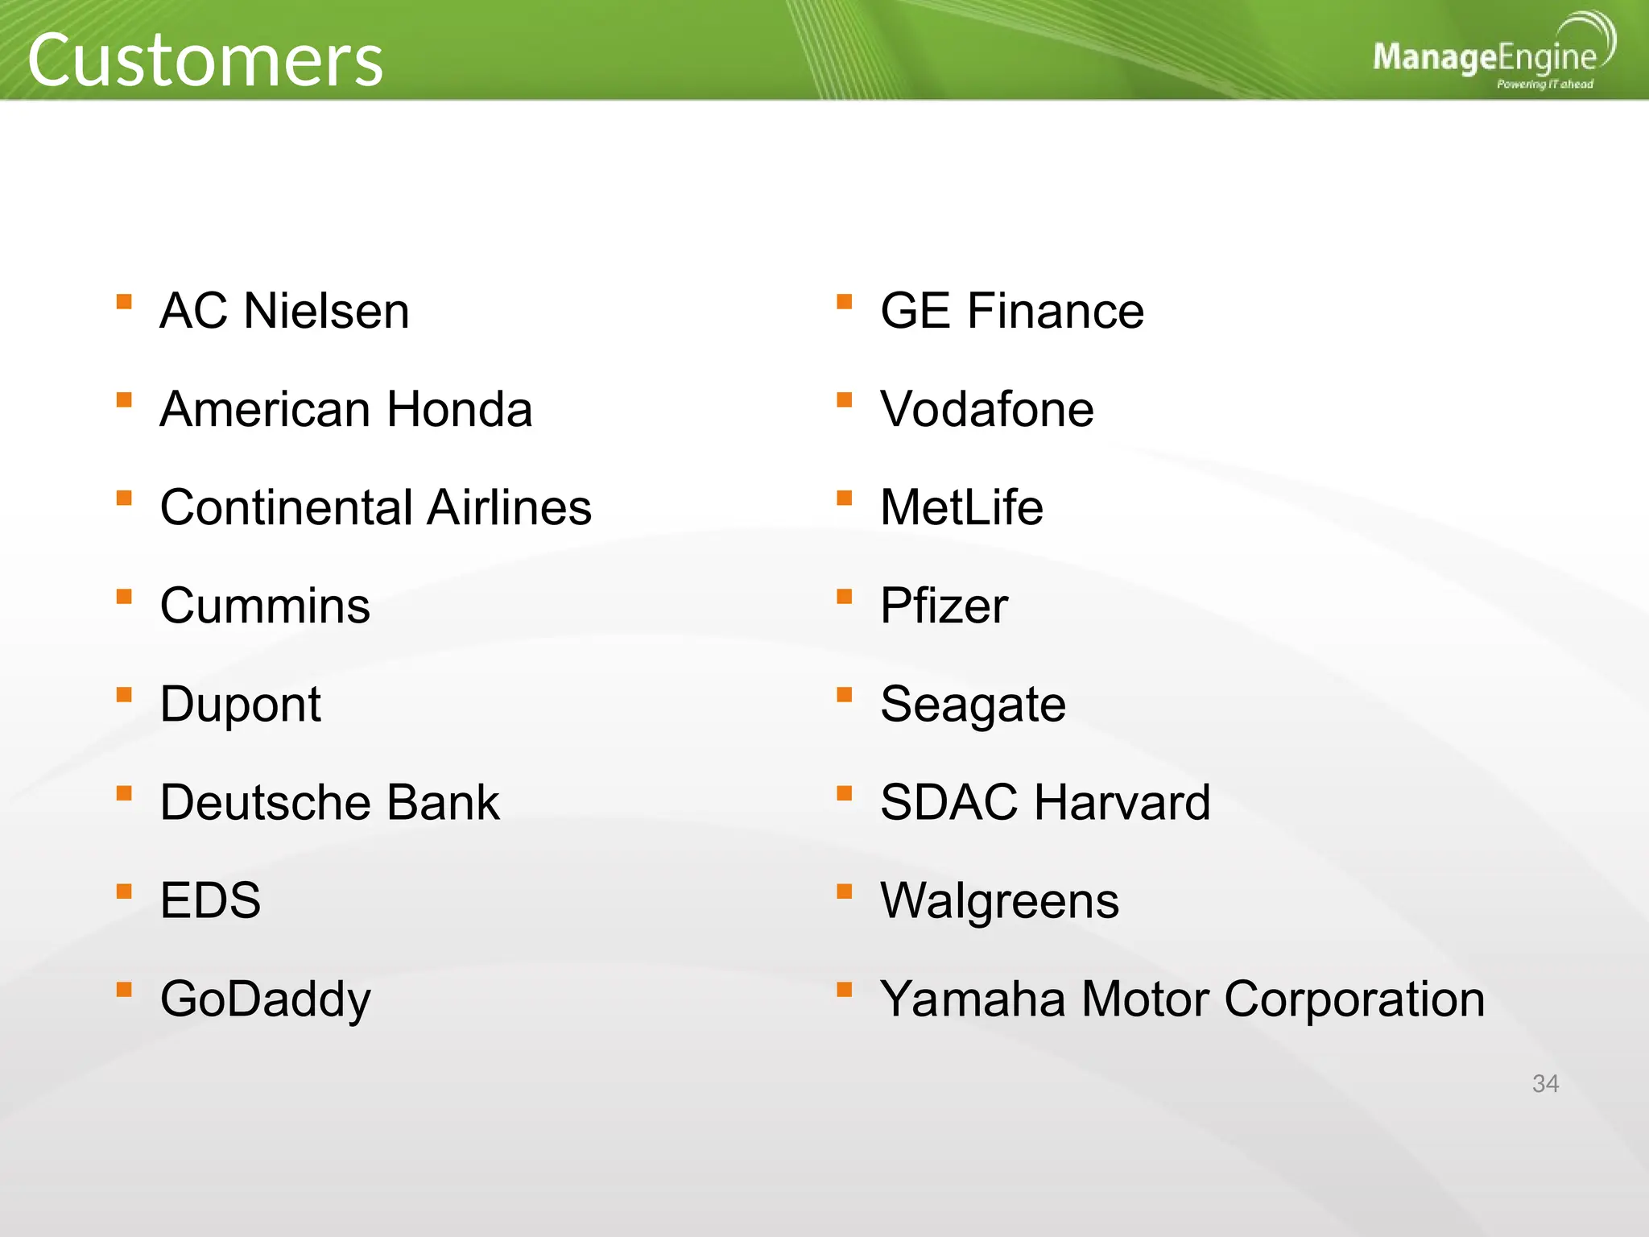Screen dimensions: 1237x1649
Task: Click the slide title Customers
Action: tap(205, 60)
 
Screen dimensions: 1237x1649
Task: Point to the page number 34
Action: tap(1545, 1084)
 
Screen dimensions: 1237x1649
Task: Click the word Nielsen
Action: tap(326, 312)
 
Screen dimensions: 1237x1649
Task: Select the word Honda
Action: tap(459, 410)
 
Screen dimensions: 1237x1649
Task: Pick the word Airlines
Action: tap(510, 508)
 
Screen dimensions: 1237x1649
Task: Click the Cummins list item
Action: tap(265, 606)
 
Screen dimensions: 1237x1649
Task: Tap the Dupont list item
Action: tap(240, 705)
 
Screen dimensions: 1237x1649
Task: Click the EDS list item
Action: tap(210, 901)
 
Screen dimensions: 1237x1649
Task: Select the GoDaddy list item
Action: tap(265, 999)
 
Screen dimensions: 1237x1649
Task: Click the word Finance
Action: tap(1055, 312)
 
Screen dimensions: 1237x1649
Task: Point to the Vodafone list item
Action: tap(986, 410)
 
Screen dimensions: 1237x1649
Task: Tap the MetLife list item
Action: tap(961, 508)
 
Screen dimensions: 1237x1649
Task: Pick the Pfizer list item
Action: tap(944, 606)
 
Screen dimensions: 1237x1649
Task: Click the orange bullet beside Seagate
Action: tap(844, 695)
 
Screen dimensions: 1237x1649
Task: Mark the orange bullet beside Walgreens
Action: tap(844, 892)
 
